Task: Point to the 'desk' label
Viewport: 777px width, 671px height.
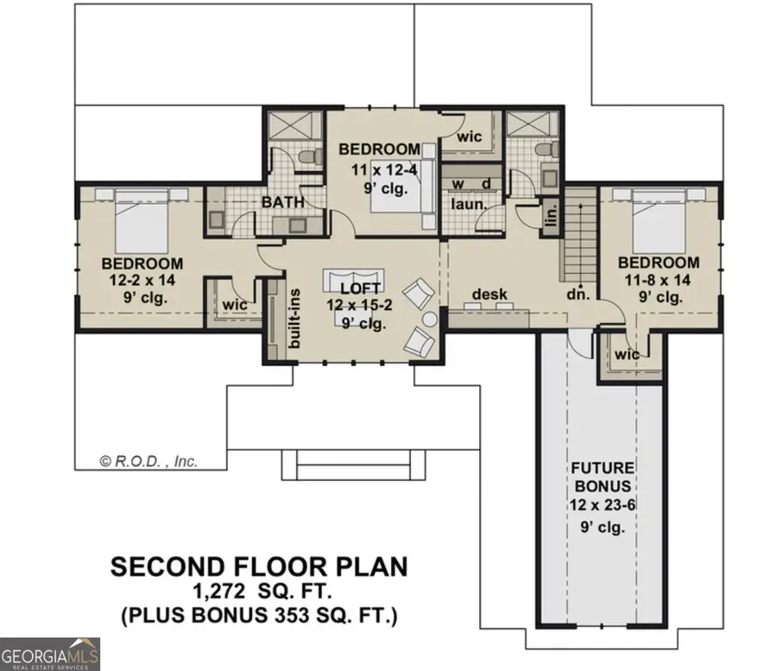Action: (483, 294)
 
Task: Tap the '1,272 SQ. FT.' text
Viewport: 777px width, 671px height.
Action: (258, 593)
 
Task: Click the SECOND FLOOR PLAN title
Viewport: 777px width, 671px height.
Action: (258, 567)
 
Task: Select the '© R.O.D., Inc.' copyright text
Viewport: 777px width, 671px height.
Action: (148, 461)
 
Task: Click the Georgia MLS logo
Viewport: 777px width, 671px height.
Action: (50, 654)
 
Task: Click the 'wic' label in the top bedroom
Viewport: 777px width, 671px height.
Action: (469, 136)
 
